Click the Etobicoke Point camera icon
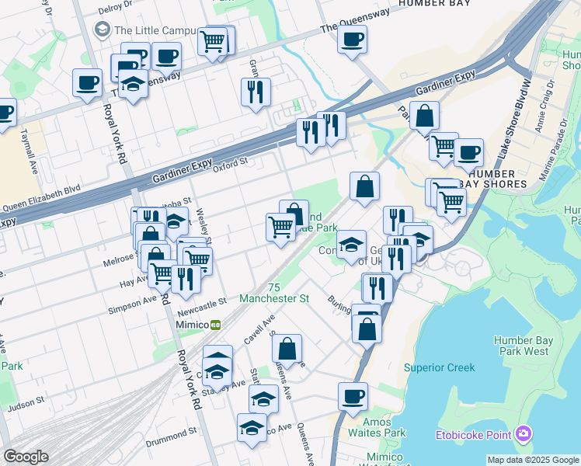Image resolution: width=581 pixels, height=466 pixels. coord(524,433)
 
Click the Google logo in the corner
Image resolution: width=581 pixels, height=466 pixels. coord(26,457)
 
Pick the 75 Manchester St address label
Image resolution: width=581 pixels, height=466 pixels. coord(274,293)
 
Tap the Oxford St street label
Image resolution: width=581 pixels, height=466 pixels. coord(230,164)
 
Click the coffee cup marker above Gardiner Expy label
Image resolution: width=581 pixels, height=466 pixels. coord(352,40)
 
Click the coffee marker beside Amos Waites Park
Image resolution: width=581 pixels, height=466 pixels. coord(353,397)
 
